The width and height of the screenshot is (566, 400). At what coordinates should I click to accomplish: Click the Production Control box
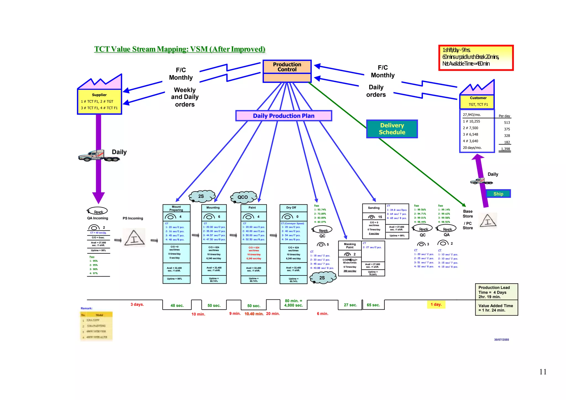click(x=287, y=67)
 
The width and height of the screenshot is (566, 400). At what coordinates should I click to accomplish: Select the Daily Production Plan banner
click(x=284, y=116)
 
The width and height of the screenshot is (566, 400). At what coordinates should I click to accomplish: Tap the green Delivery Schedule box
click(x=392, y=129)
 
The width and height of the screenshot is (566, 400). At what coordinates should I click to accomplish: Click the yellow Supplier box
click(x=99, y=101)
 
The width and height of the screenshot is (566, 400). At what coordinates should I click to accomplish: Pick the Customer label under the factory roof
click(x=478, y=98)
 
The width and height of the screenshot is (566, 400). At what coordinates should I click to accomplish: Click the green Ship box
click(x=498, y=194)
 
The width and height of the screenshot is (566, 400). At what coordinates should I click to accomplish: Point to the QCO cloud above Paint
click(x=243, y=197)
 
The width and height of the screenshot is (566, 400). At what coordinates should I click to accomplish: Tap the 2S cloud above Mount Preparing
click(x=201, y=196)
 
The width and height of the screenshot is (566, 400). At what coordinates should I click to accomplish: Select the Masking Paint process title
click(x=350, y=246)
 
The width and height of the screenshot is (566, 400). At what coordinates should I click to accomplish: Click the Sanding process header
click(x=374, y=208)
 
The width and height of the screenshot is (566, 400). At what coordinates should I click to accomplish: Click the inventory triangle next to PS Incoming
click(x=134, y=238)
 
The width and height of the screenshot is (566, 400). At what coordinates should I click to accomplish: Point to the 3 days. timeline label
click(x=137, y=304)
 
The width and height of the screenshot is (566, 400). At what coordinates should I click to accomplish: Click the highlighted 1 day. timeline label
click(x=436, y=304)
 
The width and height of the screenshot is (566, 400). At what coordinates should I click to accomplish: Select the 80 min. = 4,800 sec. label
click(x=294, y=303)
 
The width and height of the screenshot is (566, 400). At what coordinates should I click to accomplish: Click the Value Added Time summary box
click(x=496, y=308)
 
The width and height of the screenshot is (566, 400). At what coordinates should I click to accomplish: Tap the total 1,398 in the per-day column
click(x=505, y=149)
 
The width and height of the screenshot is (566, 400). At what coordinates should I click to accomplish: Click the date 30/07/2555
click(x=501, y=340)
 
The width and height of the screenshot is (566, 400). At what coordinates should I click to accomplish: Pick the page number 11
click(x=543, y=372)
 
